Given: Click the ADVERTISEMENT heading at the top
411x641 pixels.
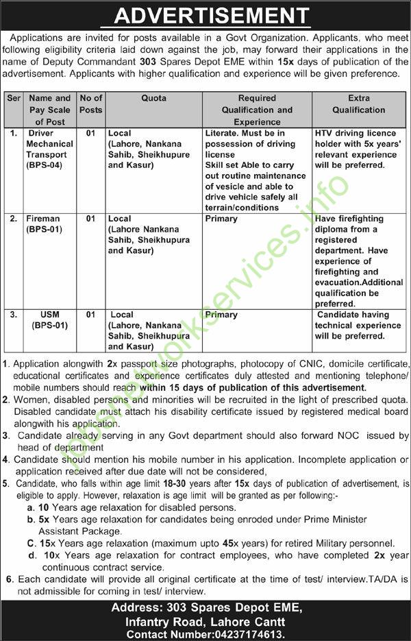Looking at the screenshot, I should (x=205, y=15).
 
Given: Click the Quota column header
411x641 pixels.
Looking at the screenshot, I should (x=153, y=98).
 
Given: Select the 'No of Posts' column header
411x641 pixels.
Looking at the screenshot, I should (x=90, y=104).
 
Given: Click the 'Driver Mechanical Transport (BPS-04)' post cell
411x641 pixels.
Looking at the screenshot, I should (x=50, y=149).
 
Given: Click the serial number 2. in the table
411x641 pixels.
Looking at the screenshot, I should (x=13, y=219).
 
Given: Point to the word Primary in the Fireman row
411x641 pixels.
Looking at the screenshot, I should (x=221, y=219).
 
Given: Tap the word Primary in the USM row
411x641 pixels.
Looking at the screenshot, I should (x=221, y=315).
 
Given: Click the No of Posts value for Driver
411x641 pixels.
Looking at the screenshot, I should (x=90, y=133).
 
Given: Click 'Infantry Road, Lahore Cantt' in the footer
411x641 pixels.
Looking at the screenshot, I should (x=206, y=621).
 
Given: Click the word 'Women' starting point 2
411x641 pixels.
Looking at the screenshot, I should (x=29, y=399).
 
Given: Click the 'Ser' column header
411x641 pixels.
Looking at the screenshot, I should (x=13, y=98).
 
